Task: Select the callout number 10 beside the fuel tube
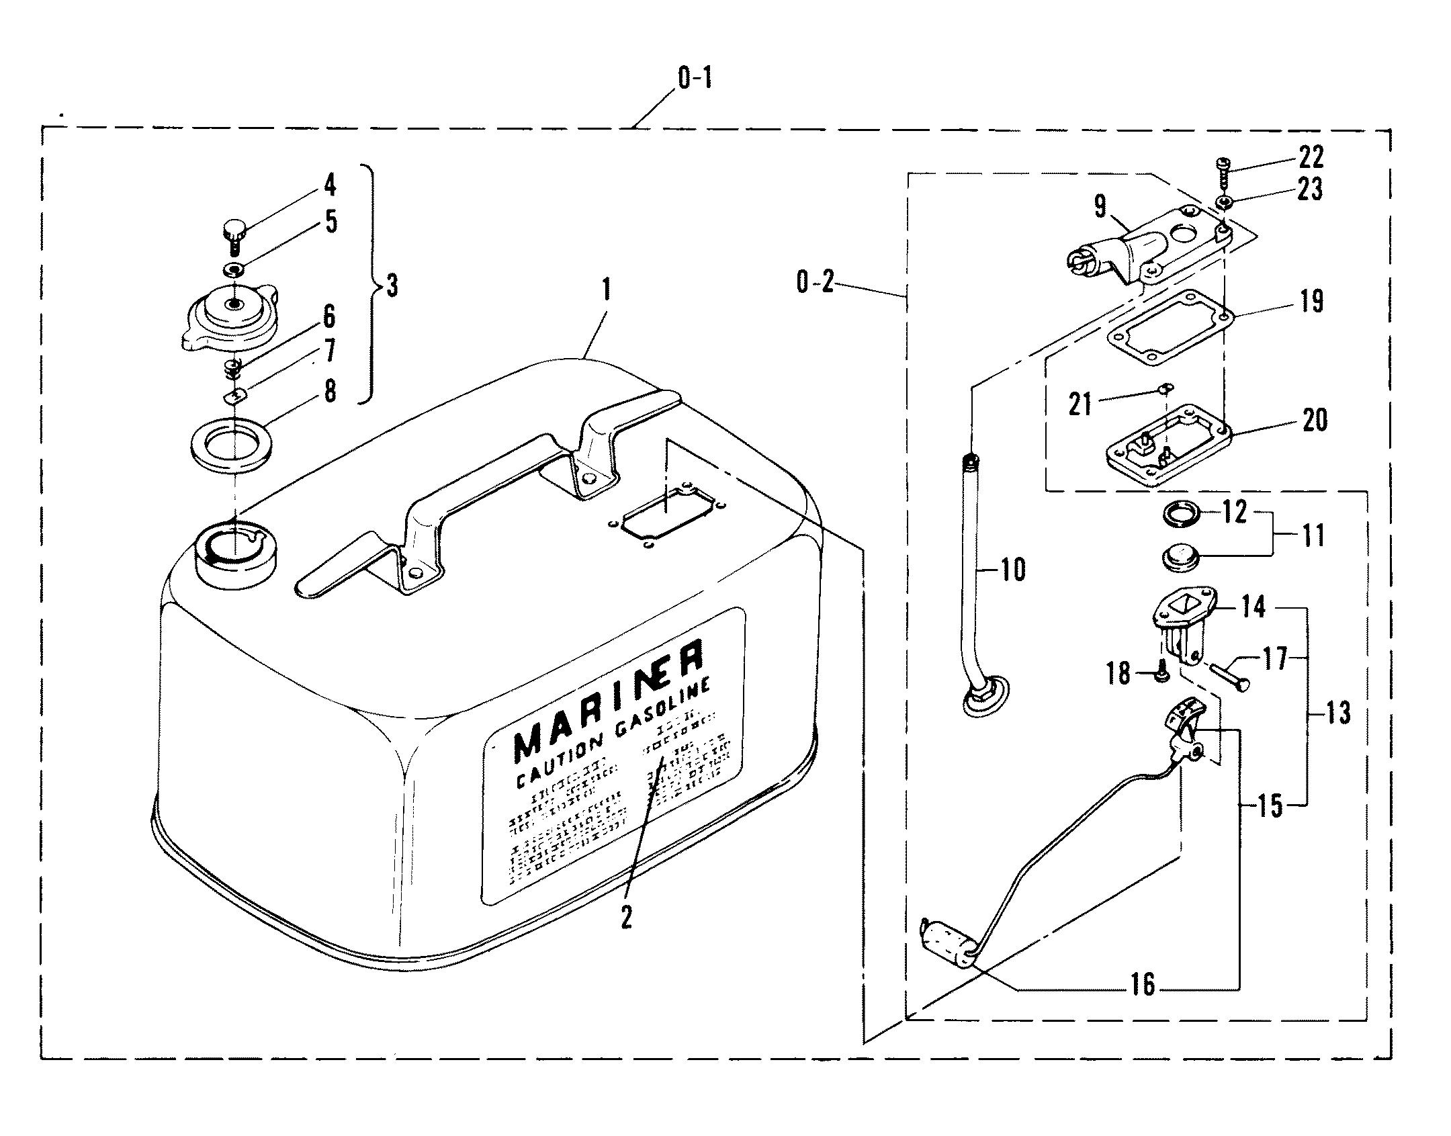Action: pyautogui.click(x=1013, y=570)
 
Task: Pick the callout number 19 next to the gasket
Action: pyautogui.click(x=1311, y=301)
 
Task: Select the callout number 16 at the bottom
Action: pyautogui.click(x=1143, y=985)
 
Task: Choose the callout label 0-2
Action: pyautogui.click(x=815, y=282)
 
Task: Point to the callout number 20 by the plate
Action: pyautogui.click(x=1315, y=420)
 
